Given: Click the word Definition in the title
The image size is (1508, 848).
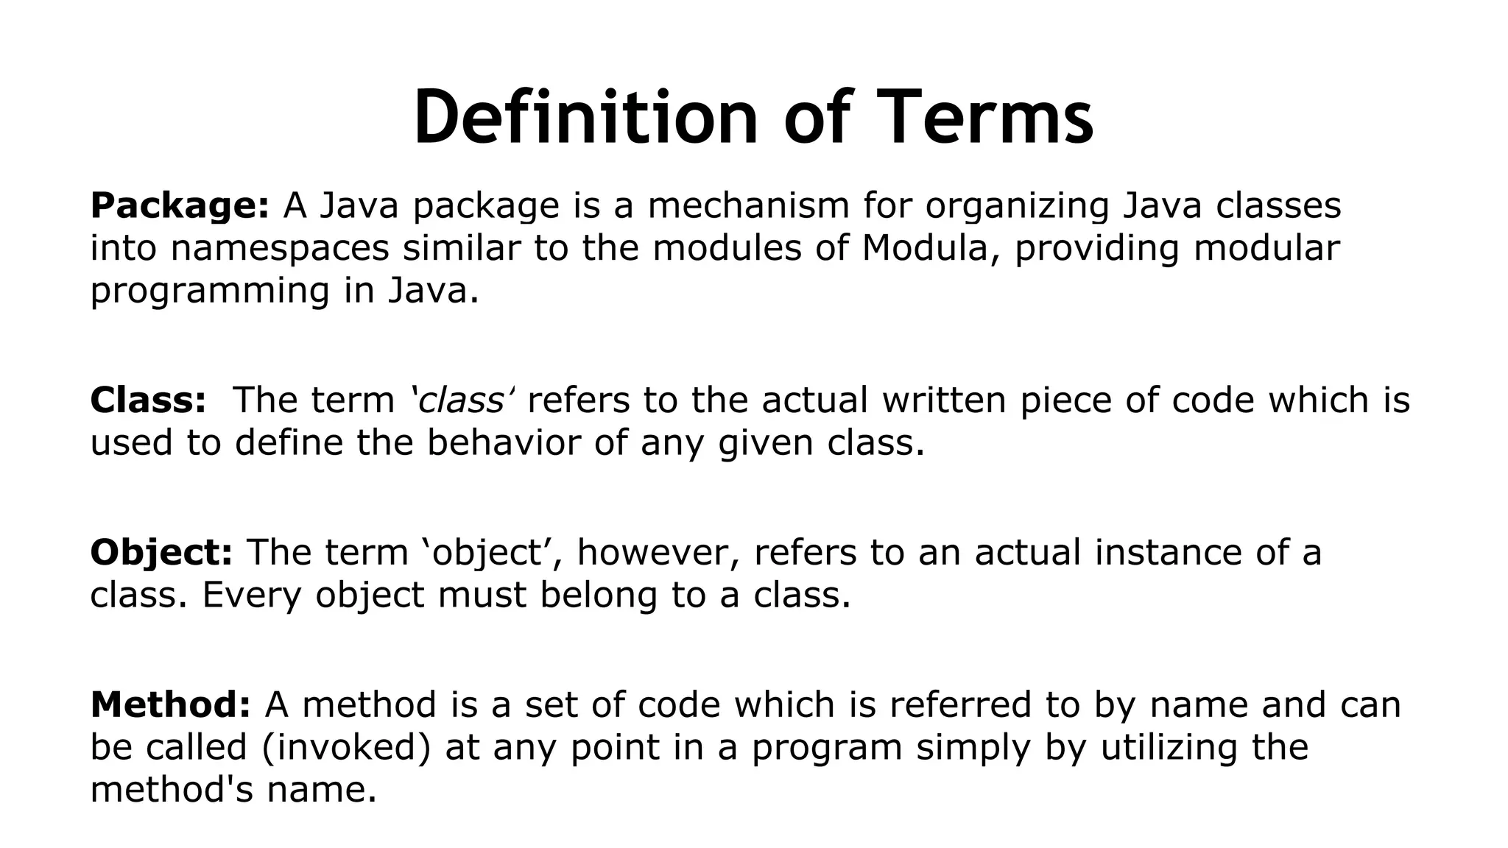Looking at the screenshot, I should pos(585,118).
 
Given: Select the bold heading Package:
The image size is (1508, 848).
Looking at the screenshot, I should pos(180,205).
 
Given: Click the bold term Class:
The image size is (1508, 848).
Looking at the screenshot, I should pos(148,400).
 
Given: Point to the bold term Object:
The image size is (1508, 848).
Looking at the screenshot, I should pos(161,553).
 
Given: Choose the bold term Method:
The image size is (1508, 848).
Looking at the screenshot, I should pos(170,704).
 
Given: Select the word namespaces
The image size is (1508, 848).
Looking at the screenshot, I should pos(280,248).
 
